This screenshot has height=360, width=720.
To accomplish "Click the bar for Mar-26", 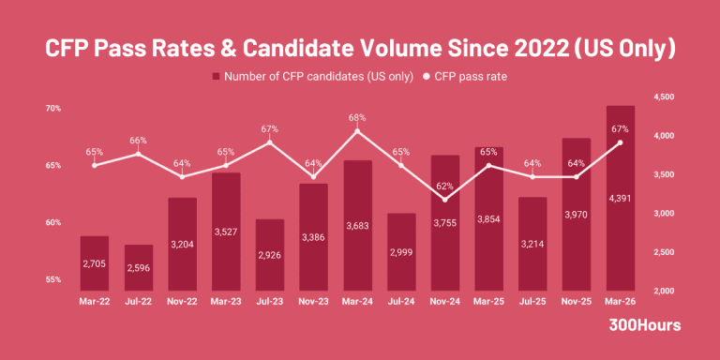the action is click(621, 198).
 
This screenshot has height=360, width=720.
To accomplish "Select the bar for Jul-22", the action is click(138, 268).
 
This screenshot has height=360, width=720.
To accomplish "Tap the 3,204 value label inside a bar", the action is click(182, 244).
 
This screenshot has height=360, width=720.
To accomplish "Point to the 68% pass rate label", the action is click(357, 117).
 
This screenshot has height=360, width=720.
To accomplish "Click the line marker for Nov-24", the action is click(445, 200).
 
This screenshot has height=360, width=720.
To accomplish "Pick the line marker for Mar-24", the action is click(357, 131).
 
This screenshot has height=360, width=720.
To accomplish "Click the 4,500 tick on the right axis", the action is click(662, 97).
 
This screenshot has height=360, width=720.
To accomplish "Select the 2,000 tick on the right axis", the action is click(662, 291).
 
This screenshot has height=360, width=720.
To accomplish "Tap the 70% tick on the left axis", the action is click(52, 109).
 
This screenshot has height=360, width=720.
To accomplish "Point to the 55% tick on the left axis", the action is click(52, 279).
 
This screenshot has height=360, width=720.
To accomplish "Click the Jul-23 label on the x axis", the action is click(270, 301).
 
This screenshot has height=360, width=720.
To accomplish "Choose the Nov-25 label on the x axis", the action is click(577, 301).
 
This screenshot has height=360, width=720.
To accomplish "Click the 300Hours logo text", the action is click(645, 325).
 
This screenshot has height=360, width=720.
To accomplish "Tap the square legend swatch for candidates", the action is click(216, 76).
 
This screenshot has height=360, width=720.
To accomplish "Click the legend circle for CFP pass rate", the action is click(426, 77).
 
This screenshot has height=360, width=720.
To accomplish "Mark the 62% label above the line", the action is click(445, 186).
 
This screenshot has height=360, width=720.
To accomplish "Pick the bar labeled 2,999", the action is click(401, 251).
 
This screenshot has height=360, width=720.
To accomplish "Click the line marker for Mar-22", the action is click(94, 165).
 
